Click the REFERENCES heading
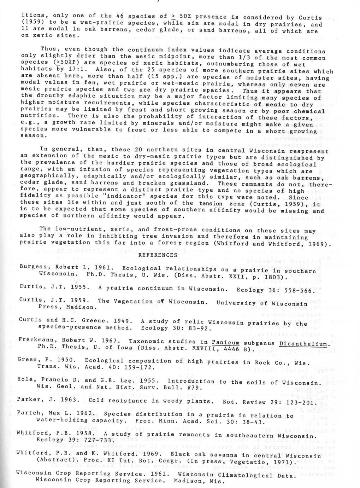point(158,255)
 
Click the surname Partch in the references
point(30,413)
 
